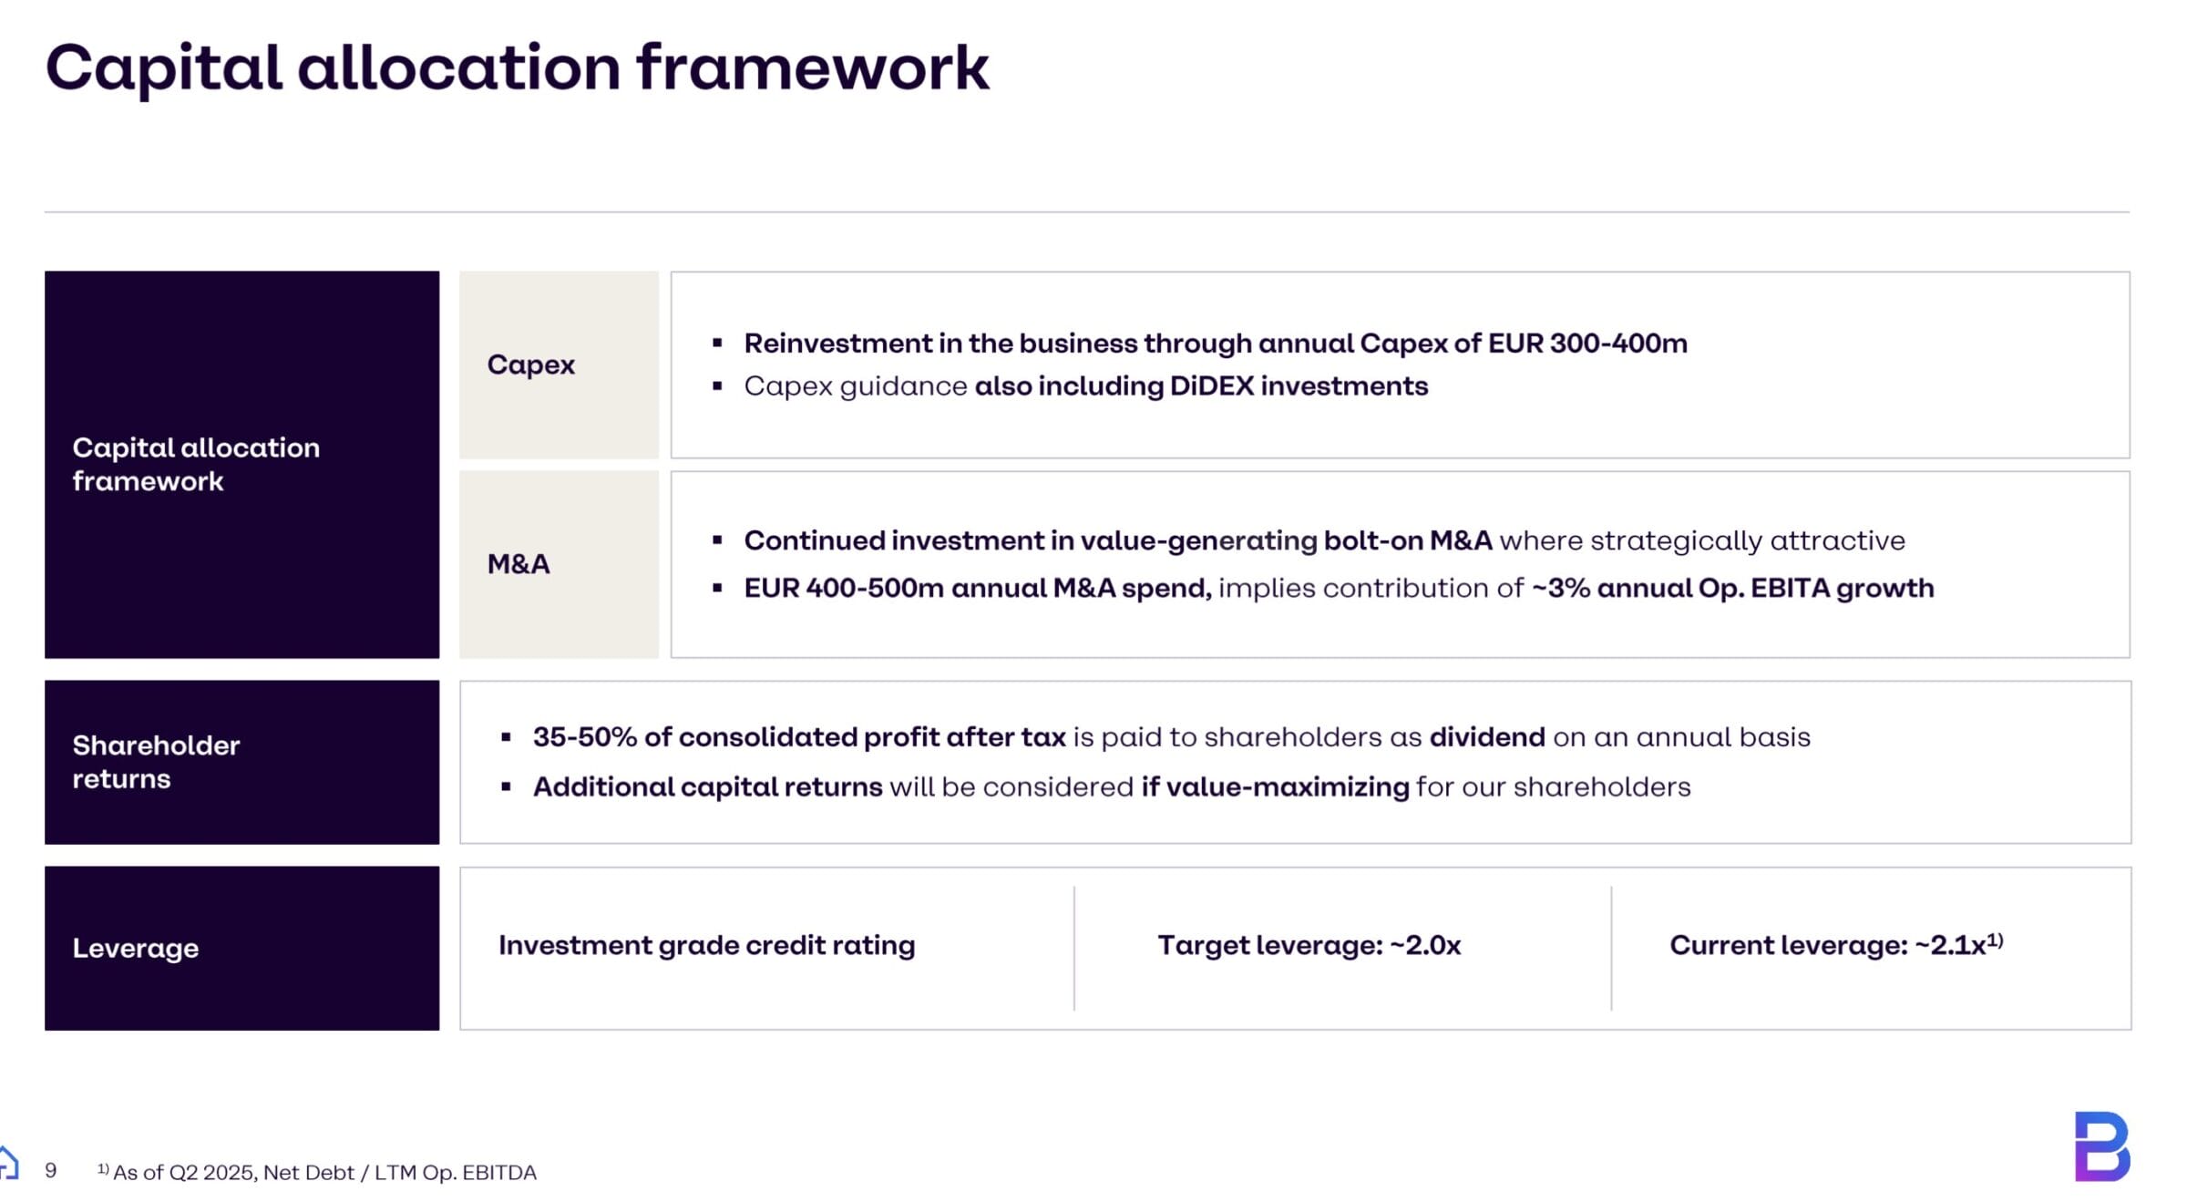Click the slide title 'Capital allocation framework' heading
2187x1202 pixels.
pos(517,68)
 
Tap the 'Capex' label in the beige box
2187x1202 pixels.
pos(530,365)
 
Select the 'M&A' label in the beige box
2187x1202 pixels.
pos(519,564)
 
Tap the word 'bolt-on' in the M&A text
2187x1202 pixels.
pos(1372,540)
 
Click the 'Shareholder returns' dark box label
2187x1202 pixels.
pos(156,762)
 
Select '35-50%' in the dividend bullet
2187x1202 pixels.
pos(584,737)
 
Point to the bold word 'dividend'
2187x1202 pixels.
pos(1486,737)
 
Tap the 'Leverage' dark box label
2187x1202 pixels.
pos(135,948)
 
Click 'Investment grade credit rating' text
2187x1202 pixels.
pos(706,946)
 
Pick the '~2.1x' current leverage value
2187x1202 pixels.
pos(1949,946)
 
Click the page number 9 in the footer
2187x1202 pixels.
pos(51,1170)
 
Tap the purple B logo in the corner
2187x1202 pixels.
pos(2101,1146)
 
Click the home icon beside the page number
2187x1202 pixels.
pos(8,1163)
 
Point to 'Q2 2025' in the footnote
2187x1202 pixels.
pos(212,1173)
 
